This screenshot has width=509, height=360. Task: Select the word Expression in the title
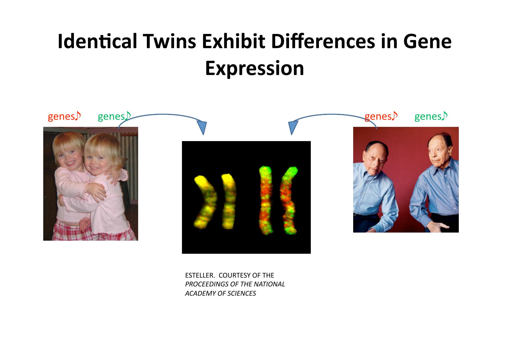pos(255,69)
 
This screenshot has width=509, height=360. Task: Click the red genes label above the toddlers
pos(64,116)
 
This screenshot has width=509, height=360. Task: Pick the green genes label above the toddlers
pos(114,116)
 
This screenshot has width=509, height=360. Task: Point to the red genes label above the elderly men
pos(381,116)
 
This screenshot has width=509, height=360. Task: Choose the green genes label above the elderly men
pos(431,116)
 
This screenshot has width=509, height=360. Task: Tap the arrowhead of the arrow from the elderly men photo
pos(293,128)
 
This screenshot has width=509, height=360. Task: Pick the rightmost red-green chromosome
pos(288,200)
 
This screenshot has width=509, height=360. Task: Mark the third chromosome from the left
pos(265,200)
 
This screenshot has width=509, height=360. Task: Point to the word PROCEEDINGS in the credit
pos(204,284)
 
